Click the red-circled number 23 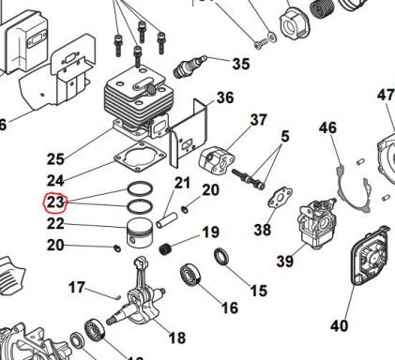[x=55, y=201]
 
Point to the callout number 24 [x=55, y=179]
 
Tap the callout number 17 [x=76, y=288]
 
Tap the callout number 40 [x=339, y=326]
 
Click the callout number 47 [x=385, y=96]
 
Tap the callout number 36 [x=224, y=97]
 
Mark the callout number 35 [x=240, y=64]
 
